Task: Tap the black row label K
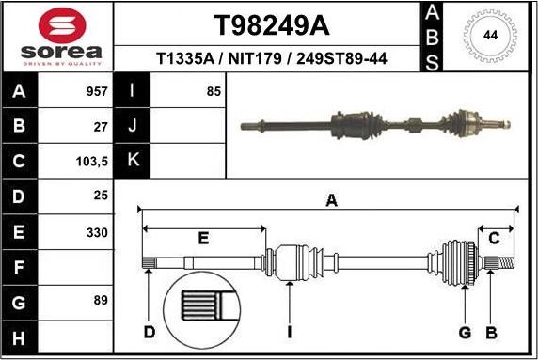click(132, 161)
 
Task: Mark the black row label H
click(18, 335)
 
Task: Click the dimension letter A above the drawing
click(331, 198)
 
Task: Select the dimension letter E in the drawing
click(203, 239)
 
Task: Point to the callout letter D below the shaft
click(149, 332)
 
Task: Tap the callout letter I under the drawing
click(290, 332)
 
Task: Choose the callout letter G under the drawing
click(465, 332)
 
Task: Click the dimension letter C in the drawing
click(494, 239)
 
